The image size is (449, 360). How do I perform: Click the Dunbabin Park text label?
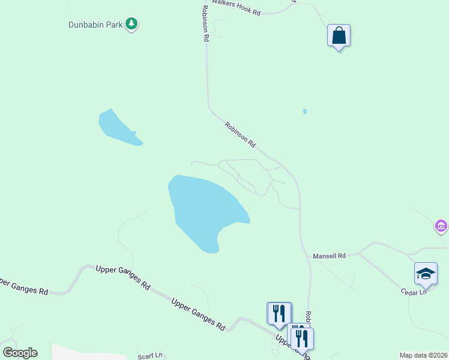tap(95, 25)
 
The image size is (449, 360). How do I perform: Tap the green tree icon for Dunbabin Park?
tap(132, 25)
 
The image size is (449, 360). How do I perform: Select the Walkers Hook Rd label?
tap(235, 12)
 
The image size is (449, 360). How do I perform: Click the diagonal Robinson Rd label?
tap(240, 135)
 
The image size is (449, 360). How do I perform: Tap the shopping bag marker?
tap(339, 35)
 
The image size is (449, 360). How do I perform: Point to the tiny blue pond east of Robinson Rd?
tap(305, 111)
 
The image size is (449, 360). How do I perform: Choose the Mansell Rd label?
tap(330, 256)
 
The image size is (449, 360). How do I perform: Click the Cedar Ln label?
tap(414, 292)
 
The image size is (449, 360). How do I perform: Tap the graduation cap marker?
tap(426, 274)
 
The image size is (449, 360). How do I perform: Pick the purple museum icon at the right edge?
tap(441, 226)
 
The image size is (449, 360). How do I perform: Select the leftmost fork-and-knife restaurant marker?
tap(279, 313)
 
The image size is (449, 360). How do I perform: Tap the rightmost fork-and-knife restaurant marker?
tap(303, 338)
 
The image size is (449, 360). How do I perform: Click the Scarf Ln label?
tap(150, 355)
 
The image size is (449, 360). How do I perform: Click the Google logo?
tap(20, 353)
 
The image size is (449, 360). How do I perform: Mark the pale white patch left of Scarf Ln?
tap(84, 353)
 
